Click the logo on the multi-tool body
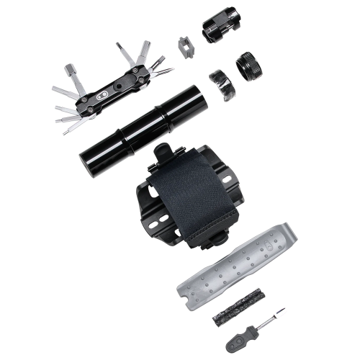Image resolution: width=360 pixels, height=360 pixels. pyautogui.click(x=102, y=96)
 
